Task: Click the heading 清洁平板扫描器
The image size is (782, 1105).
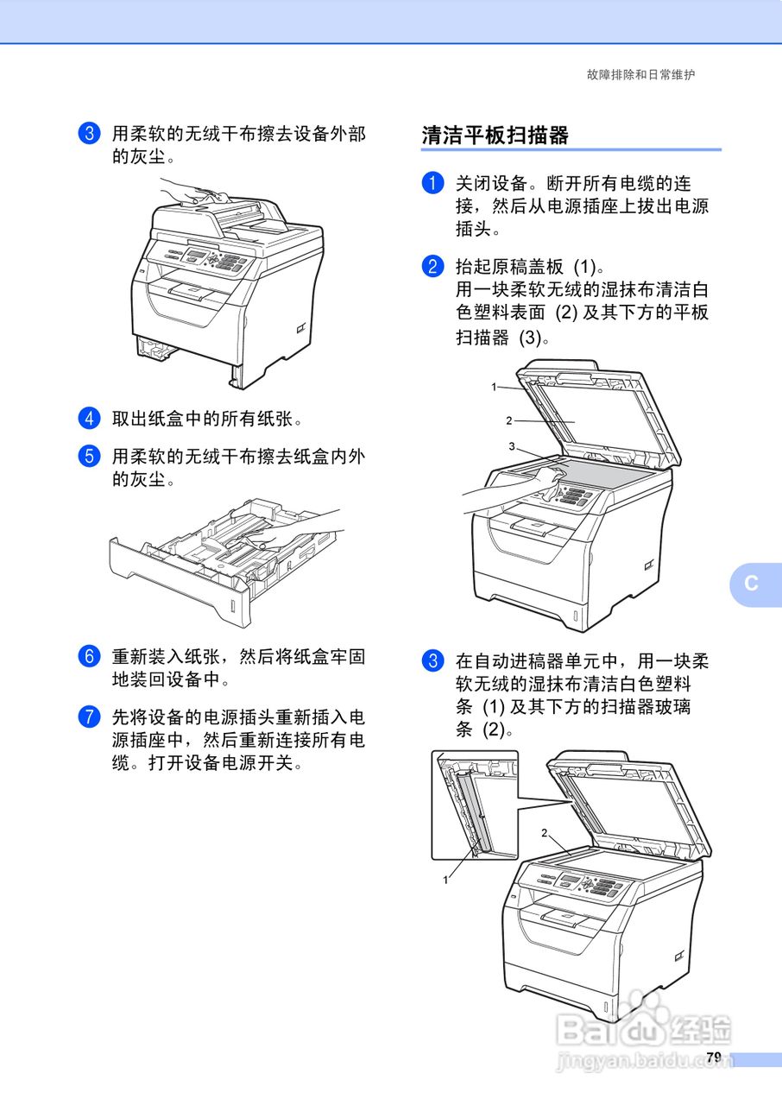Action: [495, 136]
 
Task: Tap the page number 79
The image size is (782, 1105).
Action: [713, 1058]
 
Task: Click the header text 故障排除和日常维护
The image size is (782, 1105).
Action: [640, 75]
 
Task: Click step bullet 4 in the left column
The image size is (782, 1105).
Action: [89, 420]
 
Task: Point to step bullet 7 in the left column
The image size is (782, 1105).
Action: [89, 717]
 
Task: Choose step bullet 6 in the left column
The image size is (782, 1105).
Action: [89, 657]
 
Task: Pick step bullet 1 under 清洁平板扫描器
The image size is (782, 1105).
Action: [432, 184]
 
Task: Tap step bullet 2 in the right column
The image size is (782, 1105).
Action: [432, 267]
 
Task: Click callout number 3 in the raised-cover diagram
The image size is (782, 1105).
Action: [512, 446]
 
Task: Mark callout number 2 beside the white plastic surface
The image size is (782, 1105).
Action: [509, 420]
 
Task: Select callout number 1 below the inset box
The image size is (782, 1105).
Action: [445, 880]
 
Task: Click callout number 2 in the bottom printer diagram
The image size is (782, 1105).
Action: [545, 833]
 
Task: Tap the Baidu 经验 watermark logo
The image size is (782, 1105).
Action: [644, 1027]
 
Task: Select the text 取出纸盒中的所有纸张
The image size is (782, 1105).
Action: [207, 420]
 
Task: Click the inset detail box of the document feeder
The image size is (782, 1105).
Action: [474, 805]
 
